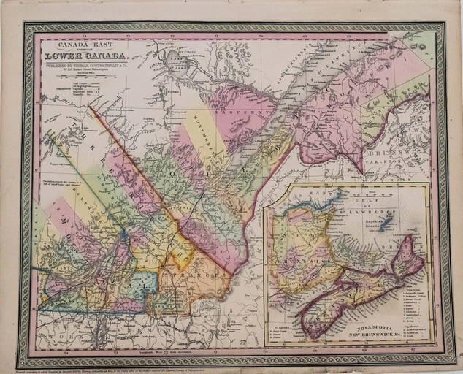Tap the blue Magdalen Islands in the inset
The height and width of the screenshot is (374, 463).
pyautogui.click(x=388, y=219)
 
